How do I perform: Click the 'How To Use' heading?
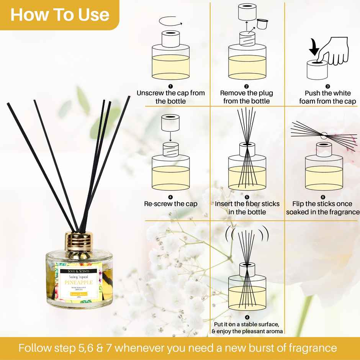(x=59, y=15)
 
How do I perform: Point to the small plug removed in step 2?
(x=261, y=24)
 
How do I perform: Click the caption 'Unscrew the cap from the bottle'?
(x=171, y=97)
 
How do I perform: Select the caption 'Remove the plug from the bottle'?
(x=247, y=97)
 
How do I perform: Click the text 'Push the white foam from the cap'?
(x=327, y=97)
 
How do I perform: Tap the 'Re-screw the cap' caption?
(x=171, y=204)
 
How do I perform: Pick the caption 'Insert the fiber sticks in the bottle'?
(x=247, y=208)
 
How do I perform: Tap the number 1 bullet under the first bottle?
(x=170, y=87)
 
